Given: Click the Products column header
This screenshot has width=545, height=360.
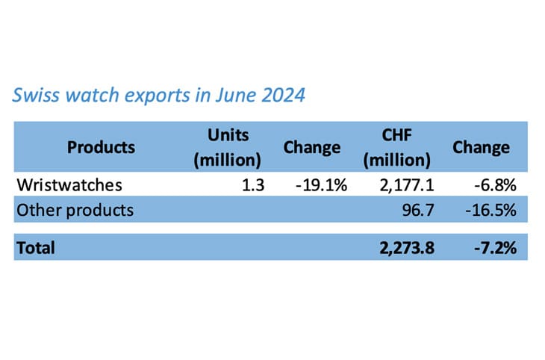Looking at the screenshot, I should (x=101, y=146).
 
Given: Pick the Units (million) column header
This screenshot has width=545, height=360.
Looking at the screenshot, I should (x=228, y=146).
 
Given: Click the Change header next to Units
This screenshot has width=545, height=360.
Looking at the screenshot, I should (x=312, y=147).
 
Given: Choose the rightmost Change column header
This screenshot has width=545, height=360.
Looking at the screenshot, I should (x=481, y=147).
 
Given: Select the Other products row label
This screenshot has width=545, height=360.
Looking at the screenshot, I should (x=75, y=210).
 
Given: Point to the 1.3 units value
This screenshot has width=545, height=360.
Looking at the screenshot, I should (x=253, y=185).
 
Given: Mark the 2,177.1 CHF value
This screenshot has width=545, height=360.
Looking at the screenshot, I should (x=408, y=185).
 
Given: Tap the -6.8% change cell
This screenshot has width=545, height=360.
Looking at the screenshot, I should (x=495, y=185).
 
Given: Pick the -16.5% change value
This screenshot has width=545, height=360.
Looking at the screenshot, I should (x=490, y=210).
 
